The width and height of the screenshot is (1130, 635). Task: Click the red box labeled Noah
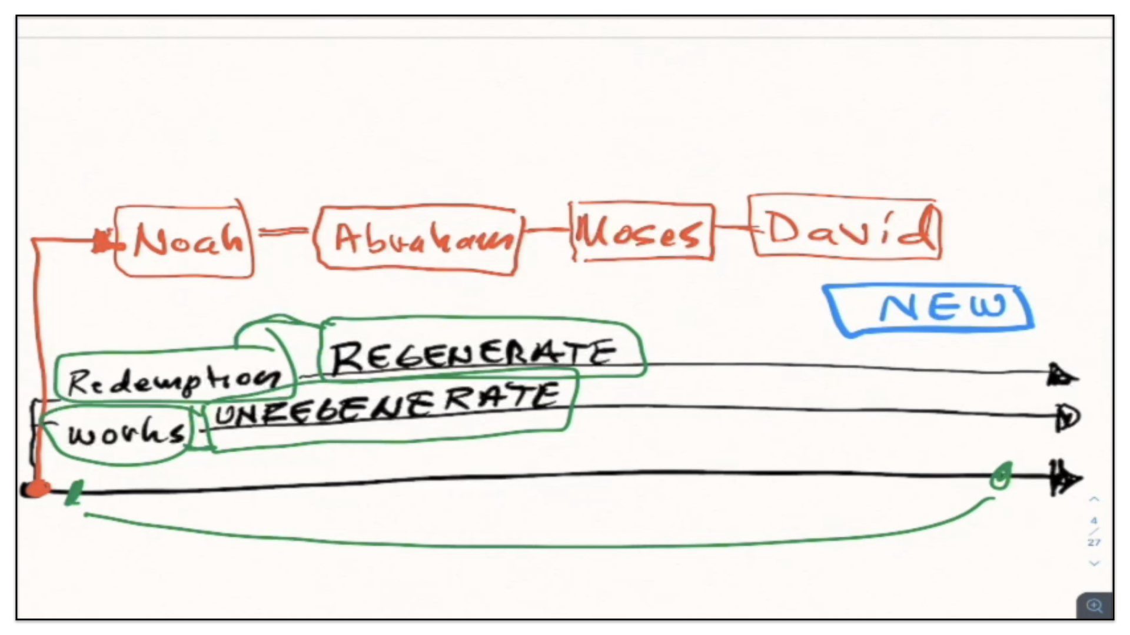(x=185, y=241)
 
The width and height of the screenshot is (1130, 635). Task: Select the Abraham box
(x=418, y=239)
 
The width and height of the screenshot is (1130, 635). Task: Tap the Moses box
(x=642, y=232)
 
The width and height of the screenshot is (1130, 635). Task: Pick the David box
(x=846, y=228)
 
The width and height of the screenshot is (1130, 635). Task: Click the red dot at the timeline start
(x=36, y=489)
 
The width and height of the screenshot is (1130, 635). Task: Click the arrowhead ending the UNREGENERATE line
(x=1066, y=417)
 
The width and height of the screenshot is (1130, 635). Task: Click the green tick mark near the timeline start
(x=75, y=493)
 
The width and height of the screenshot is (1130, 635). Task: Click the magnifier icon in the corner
(x=1095, y=606)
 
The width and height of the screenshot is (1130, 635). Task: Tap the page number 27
(x=1094, y=542)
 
